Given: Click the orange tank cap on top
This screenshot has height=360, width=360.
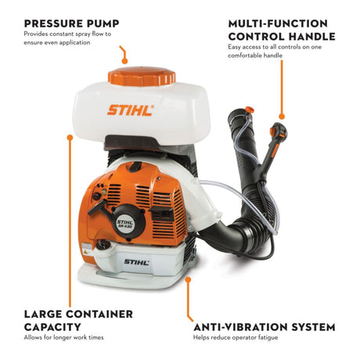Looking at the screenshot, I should point(142,77).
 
